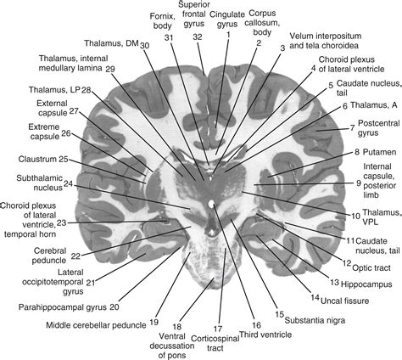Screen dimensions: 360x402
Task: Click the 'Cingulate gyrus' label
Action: pos(230,19)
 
